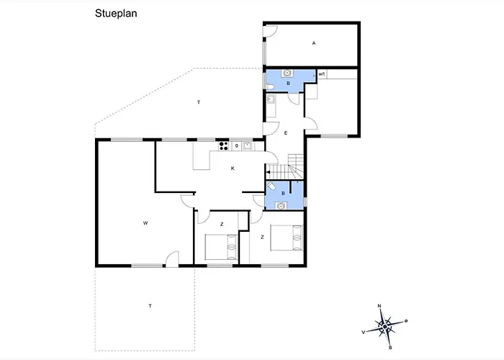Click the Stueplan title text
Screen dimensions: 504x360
(116, 14)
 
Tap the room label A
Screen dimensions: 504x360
(314, 43)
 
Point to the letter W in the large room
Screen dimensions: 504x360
(145, 222)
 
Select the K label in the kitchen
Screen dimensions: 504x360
(233, 168)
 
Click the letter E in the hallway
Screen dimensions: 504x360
(286, 132)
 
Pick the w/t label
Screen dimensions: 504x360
(322, 74)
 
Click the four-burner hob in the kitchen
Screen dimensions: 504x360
(223, 146)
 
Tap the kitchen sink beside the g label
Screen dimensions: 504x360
(247, 146)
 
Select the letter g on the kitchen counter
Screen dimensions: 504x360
(237, 146)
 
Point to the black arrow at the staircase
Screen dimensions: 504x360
(269, 172)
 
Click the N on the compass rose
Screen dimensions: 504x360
(379, 306)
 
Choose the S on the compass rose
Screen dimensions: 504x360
(390, 348)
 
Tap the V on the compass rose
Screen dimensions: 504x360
(364, 333)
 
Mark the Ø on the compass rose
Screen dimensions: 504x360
(406, 321)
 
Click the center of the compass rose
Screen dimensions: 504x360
(385, 327)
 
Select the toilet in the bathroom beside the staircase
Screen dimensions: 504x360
(271, 186)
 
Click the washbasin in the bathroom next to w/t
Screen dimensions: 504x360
(287, 73)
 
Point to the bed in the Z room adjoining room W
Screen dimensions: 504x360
(222, 247)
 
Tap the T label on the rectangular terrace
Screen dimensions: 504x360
(150, 306)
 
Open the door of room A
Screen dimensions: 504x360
(270, 31)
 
